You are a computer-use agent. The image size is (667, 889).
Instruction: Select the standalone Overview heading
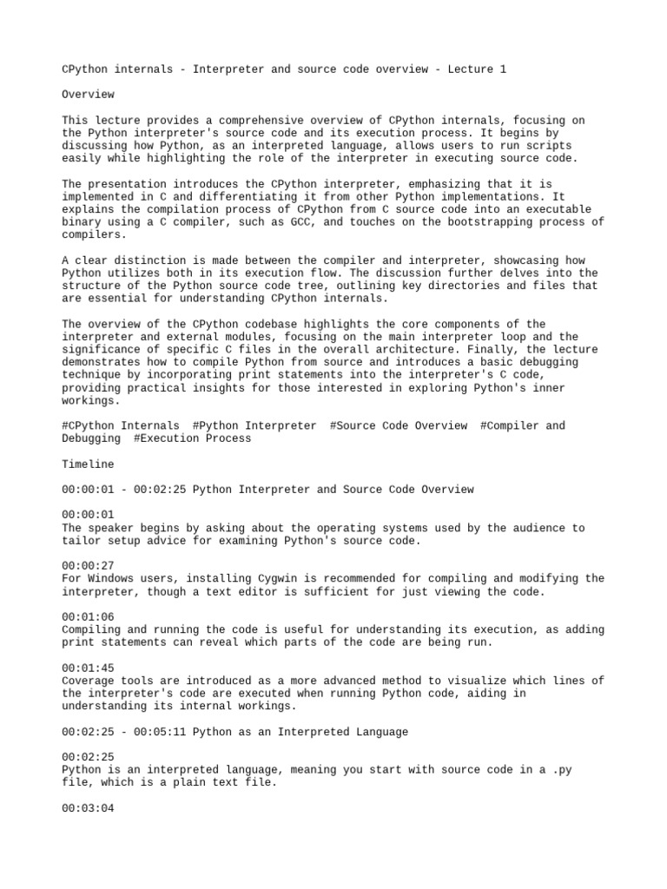[89, 93]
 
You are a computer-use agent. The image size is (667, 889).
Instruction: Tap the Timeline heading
[89, 464]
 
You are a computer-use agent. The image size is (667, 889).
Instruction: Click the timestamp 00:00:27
[89, 566]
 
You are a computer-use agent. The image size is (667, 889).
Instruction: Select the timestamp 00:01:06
[89, 616]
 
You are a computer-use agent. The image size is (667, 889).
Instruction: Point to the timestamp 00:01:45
[89, 668]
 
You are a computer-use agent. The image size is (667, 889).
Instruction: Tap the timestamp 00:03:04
[89, 807]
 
